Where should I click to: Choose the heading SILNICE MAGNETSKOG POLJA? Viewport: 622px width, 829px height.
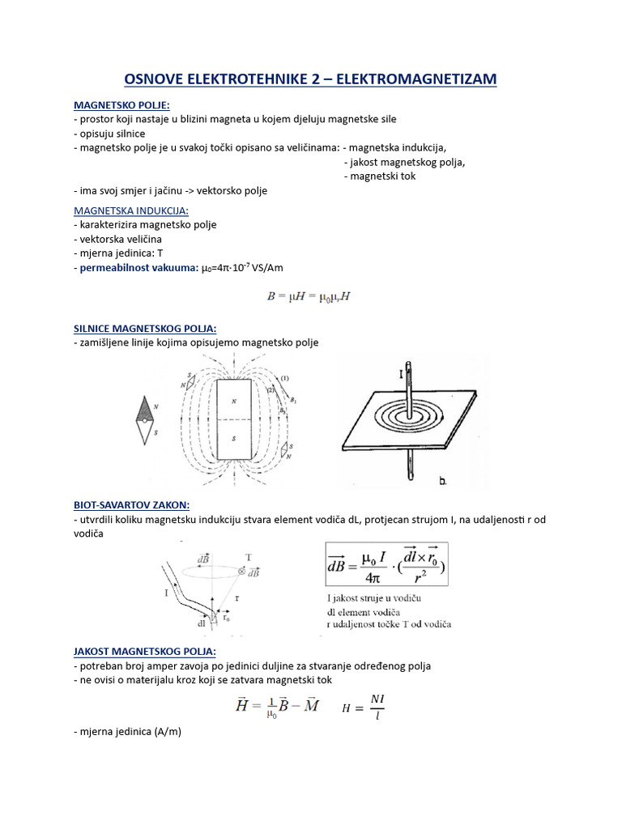144,328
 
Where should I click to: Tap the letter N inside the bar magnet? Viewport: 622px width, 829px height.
234,401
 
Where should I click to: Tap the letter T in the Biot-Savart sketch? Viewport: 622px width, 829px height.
247,557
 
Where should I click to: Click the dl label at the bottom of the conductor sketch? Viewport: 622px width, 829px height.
200,624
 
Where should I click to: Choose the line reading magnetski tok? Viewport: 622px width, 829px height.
380,176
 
